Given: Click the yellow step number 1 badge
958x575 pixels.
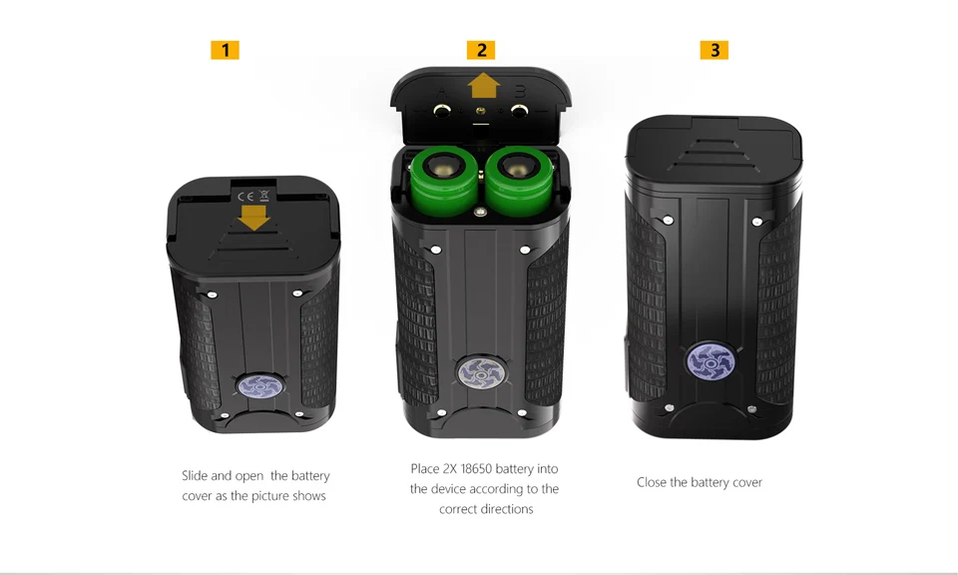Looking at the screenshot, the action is (x=225, y=50).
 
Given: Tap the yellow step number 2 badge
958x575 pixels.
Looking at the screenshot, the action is (x=481, y=50).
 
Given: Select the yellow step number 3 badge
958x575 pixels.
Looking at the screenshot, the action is (x=715, y=50).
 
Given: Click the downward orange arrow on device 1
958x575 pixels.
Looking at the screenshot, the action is (x=253, y=218).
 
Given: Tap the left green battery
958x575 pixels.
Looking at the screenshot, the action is (x=444, y=181).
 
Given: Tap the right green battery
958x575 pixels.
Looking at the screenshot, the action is (x=519, y=181).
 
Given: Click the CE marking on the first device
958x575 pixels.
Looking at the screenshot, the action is (x=245, y=196).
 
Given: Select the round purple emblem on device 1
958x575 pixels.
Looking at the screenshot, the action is (x=260, y=386).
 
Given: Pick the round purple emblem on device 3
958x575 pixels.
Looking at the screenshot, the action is (x=711, y=362).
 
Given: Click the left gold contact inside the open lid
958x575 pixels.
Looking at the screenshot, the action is (x=442, y=111).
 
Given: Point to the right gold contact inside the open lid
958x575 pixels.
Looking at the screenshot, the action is (x=519, y=111).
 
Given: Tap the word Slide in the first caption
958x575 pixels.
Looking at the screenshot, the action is (x=195, y=475).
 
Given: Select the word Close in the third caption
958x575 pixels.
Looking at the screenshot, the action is (x=652, y=482).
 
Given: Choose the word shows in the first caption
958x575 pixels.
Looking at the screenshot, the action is (x=308, y=495).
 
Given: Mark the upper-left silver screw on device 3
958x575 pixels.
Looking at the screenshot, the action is (x=669, y=220).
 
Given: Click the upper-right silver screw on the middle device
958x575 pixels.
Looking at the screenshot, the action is (x=524, y=250).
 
